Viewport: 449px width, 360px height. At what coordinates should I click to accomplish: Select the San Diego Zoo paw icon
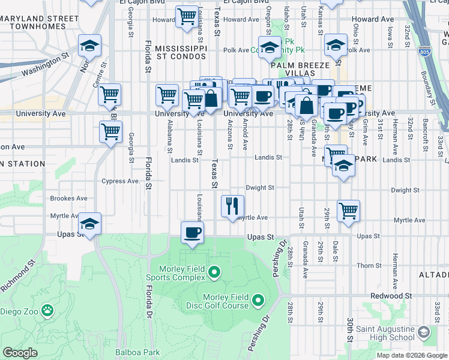pos(47,311)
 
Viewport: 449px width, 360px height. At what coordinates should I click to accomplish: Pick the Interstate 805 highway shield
pos(424,52)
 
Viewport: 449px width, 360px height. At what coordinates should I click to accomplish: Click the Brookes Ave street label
pos(68,198)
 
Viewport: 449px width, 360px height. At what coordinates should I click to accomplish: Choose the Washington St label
pos(42,67)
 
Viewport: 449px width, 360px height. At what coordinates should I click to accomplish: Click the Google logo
pos(20,353)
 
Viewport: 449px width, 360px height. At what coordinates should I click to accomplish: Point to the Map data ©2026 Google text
pos(412,355)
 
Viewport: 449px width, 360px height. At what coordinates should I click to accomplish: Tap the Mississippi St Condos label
pos(181,52)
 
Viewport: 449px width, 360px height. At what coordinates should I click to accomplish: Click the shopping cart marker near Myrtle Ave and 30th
pos(348,211)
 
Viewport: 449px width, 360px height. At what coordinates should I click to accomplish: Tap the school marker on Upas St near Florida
pos(90,224)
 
